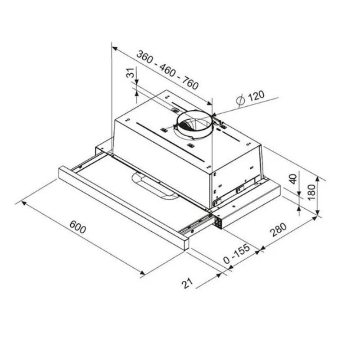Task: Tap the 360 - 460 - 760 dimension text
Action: coord(167,70)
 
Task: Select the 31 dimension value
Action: coord(130,73)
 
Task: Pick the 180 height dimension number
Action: coord(310,193)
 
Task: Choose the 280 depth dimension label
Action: coord(279,230)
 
